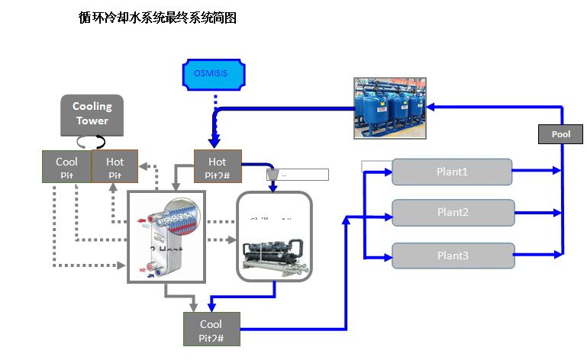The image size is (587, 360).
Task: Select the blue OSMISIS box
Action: [215, 75]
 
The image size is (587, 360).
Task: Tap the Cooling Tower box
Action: [92, 114]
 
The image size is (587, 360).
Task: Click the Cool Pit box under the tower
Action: [66, 166]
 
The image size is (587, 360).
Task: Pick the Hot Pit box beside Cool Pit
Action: [114, 166]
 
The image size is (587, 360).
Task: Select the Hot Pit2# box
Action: [218, 166]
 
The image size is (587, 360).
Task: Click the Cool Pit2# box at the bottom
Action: [211, 329]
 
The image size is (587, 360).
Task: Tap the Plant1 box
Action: [451, 172]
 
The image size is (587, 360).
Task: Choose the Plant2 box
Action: [451, 213]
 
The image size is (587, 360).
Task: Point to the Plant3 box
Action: [451, 255]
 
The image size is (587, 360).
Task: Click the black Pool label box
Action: [561, 134]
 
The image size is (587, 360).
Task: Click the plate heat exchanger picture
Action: [166, 236]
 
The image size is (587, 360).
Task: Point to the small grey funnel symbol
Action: [273, 175]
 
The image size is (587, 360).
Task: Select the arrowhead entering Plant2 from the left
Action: [387, 213]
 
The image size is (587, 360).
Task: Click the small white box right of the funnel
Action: [304, 175]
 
